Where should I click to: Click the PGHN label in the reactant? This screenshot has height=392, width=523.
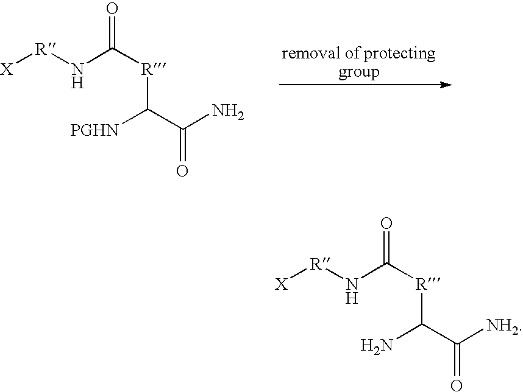click(94, 130)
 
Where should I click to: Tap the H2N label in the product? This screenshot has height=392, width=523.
click(377, 346)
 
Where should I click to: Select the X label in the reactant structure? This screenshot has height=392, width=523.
click(7, 69)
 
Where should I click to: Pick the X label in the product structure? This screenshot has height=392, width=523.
click(282, 285)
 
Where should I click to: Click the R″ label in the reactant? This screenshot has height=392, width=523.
click(45, 50)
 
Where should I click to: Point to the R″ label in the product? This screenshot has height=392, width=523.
click(320, 264)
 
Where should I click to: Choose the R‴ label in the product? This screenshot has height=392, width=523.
click(428, 285)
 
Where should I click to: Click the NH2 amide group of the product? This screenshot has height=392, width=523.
click(503, 326)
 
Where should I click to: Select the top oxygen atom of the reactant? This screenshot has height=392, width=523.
click(112, 9)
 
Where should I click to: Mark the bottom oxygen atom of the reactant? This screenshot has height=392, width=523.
click(182, 171)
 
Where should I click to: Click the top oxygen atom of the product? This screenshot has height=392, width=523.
click(386, 224)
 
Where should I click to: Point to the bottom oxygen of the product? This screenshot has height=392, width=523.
click(457, 386)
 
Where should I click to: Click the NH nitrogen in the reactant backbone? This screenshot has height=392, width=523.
click(77, 69)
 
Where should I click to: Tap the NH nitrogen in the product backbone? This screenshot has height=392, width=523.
click(352, 285)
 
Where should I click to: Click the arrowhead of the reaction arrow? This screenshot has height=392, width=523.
click(446, 85)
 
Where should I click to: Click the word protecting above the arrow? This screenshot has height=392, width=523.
click(399, 55)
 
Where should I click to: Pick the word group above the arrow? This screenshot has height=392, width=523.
click(359, 72)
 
